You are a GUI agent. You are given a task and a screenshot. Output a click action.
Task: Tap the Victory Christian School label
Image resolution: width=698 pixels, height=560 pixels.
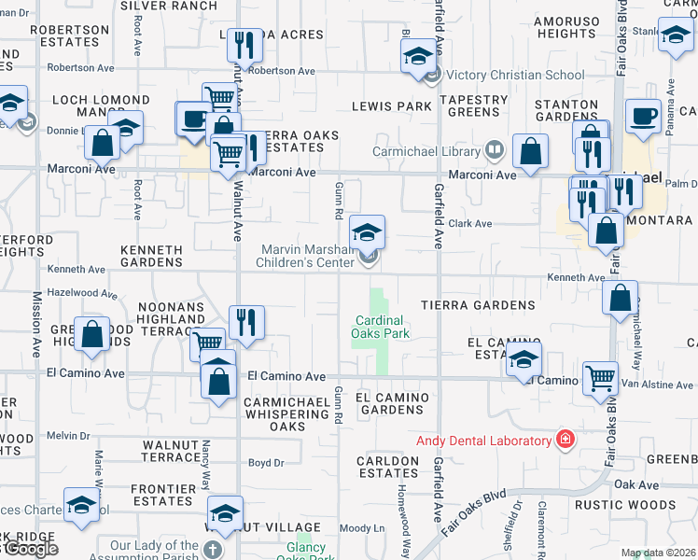502,75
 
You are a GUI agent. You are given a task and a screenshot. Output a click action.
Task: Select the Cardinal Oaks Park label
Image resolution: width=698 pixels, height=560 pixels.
382,326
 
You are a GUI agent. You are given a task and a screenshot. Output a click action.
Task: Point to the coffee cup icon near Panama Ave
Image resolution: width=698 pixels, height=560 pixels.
643,117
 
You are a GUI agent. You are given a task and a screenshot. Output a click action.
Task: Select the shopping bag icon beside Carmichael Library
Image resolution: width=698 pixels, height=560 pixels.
530,151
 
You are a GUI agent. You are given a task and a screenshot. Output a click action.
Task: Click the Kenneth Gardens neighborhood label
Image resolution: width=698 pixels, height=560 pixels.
151,257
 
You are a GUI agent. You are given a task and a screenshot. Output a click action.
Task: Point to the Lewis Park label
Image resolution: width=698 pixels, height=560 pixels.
392,106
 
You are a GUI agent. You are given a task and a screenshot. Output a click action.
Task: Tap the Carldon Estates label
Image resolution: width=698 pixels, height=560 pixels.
387,467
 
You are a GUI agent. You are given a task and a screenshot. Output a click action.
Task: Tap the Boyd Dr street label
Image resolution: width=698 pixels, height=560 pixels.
265,463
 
